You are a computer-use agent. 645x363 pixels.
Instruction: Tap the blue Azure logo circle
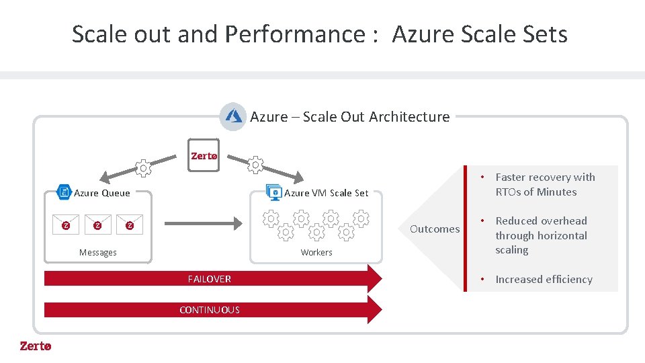tap(233, 116)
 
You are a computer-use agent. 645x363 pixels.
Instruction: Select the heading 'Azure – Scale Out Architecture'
tap(350, 117)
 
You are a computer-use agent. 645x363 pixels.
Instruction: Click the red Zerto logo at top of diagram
tap(204, 156)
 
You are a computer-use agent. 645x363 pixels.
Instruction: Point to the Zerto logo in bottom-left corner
tap(35, 346)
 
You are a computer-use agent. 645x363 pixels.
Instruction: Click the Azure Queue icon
tap(64, 192)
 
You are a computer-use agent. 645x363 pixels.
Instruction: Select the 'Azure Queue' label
tap(102, 193)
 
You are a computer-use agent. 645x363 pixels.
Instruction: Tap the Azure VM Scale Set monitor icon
tap(273, 192)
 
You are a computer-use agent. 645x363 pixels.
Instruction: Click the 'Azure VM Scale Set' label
tap(326, 193)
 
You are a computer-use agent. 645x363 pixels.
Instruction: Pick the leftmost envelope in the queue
tap(66, 225)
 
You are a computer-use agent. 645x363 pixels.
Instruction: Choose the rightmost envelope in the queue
tap(130, 225)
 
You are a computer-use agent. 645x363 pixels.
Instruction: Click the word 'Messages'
tap(98, 253)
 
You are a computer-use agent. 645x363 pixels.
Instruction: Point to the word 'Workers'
tap(316, 253)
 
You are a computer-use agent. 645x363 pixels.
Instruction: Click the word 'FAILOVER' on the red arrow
tap(210, 279)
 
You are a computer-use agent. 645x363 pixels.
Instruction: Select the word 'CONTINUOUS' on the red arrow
tap(210, 310)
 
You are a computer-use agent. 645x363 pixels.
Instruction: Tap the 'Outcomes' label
tap(435, 229)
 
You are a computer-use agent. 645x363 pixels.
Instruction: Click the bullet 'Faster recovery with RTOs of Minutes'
tap(545, 184)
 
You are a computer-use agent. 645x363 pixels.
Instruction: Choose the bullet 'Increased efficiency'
tap(544, 280)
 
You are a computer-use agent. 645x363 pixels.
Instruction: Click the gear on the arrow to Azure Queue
tap(143, 168)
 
